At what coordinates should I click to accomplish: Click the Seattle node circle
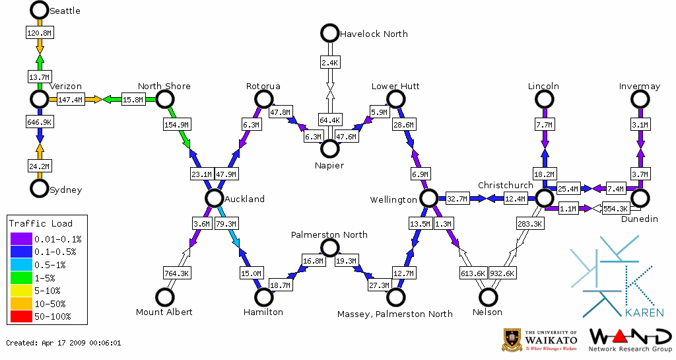[40, 10]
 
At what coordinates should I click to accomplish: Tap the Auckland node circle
[213, 198]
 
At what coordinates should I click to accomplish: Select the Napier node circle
[329, 149]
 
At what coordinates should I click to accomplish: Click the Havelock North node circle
[329, 32]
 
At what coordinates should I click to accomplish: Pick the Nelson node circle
[488, 297]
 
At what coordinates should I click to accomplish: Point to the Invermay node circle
[640, 99]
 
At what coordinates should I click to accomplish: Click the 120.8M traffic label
[39, 32]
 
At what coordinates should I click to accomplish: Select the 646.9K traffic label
[39, 123]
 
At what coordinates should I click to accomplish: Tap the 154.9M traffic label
[176, 124]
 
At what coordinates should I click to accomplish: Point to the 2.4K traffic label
[329, 63]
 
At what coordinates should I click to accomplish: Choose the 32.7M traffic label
[457, 198]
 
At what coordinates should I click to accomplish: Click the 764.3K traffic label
[176, 273]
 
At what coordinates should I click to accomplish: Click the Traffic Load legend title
[40, 223]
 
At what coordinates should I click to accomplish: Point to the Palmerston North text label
[329, 234]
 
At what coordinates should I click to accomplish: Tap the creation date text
[63, 343]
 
